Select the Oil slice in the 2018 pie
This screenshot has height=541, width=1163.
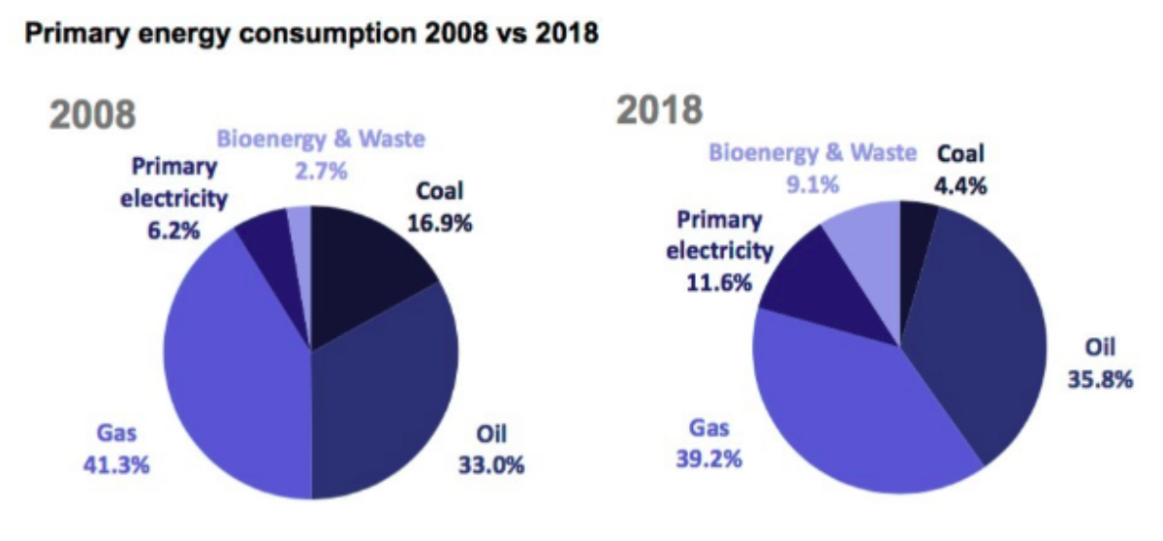[x=979, y=339]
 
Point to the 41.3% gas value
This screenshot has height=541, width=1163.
[x=116, y=464]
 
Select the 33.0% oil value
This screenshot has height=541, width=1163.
[x=491, y=464]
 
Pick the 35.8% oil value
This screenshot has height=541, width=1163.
[x=1100, y=379]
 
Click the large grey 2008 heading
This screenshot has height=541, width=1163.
[x=92, y=115]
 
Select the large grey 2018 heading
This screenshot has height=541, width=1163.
[x=660, y=111]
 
